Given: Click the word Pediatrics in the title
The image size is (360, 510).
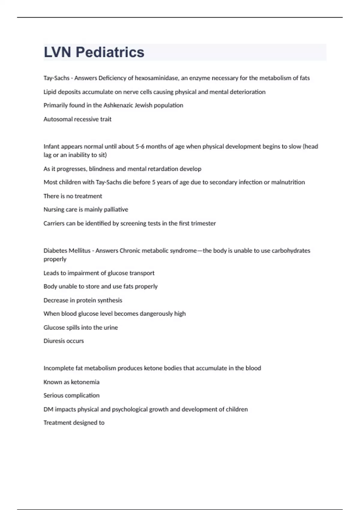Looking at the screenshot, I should [x=110, y=52].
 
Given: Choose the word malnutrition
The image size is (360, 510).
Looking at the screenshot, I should [x=288, y=182].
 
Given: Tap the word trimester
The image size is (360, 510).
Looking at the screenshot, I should [x=203, y=223].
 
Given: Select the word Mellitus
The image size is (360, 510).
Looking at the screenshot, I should [x=79, y=250].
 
